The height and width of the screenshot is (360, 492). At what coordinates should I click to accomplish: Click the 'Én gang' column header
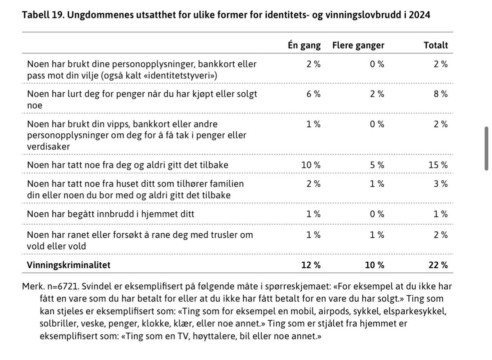click(x=304, y=45)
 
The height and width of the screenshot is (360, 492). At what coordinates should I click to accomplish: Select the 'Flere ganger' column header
click(x=358, y=45)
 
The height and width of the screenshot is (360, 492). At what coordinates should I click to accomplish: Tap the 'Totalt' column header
click(x=435, y=45)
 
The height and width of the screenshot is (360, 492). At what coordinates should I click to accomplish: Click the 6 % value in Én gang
click(x=314, y=94)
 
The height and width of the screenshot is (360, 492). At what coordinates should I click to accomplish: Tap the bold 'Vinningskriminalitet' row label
click(x=68, y=265)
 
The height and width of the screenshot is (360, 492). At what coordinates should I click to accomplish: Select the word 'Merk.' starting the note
click(x=32, y=287)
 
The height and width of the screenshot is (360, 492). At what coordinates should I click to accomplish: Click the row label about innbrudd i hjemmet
click(x=111, y=214)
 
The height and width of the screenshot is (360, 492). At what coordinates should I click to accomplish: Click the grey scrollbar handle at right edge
click(x=486, y=148)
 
